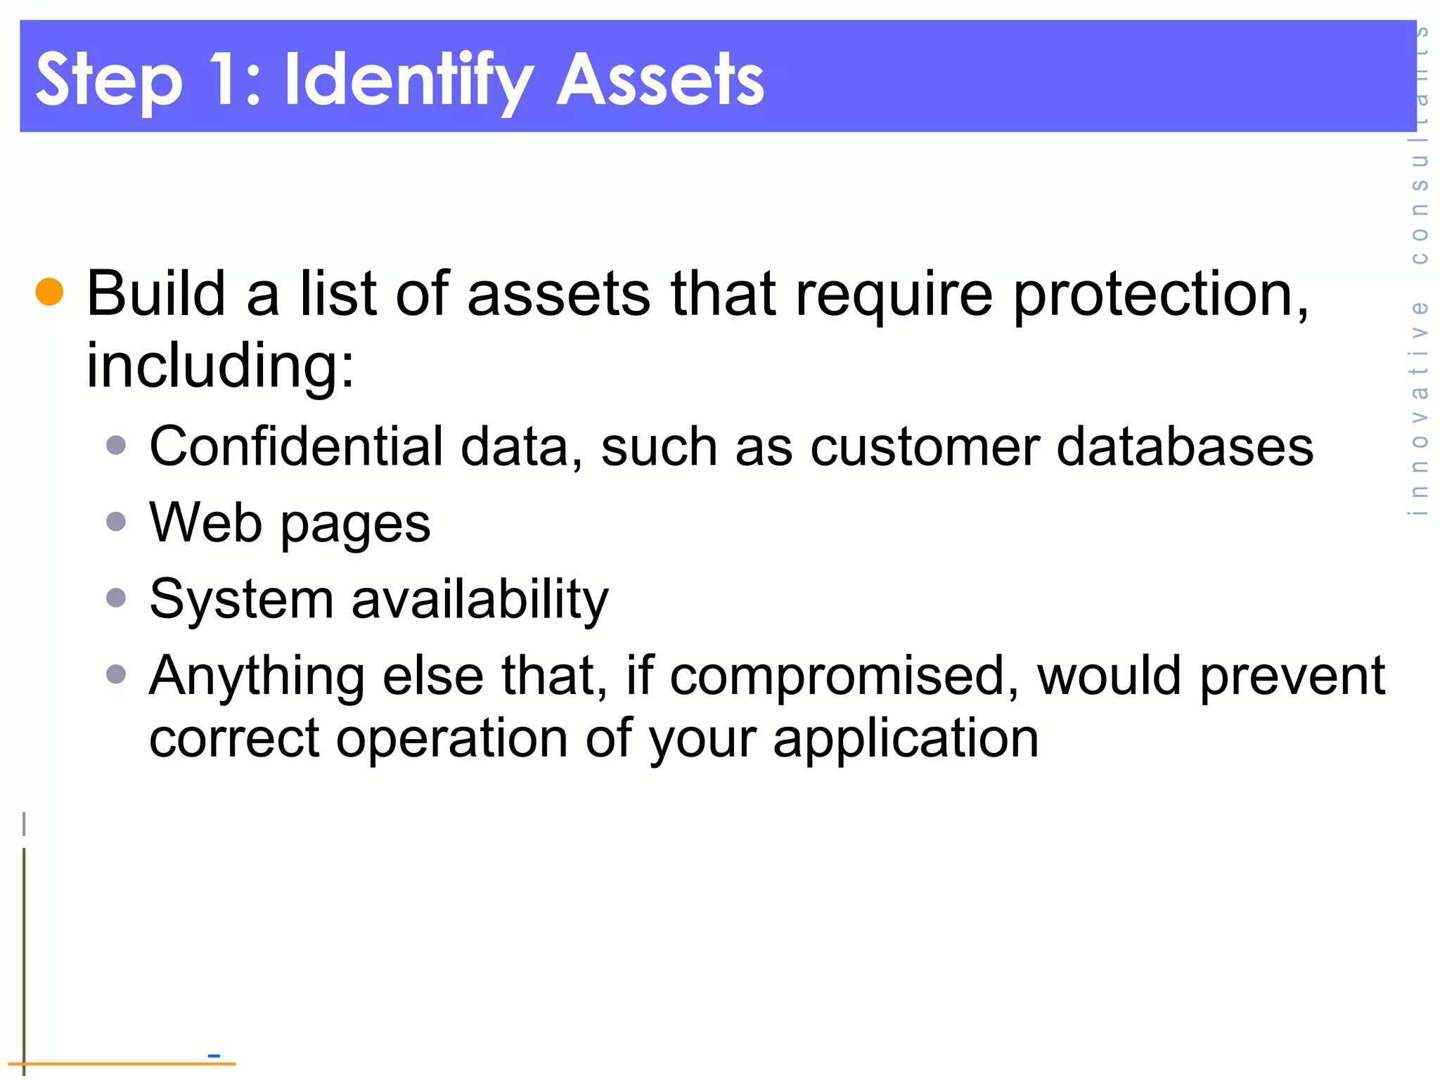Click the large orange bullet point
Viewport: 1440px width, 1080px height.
49,292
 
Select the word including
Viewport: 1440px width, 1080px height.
220,366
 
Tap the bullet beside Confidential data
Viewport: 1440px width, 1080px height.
116,445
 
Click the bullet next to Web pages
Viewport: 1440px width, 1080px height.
116,522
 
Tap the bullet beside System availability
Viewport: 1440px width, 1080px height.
116,598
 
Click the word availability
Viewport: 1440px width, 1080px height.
480,600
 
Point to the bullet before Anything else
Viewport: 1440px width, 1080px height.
116,674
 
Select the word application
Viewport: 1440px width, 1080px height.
906,740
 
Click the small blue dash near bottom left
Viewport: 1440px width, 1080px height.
214,1055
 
